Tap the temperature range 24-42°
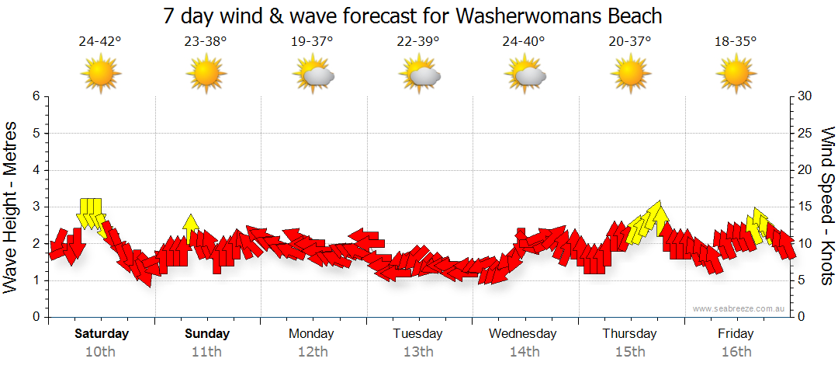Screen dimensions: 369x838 [x=100, y=42]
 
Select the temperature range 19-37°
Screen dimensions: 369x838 [x=312, y=42]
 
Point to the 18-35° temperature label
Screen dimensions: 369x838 [x=736, y=42]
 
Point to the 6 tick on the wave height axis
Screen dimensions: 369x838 [x=35, y=96]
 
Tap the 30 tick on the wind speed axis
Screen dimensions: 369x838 [x=805, y=96]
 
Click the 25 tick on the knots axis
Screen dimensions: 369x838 [x=805, y=133]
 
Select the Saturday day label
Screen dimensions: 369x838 [x=101, y=334]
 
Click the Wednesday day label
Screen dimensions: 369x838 [x=523, y=334]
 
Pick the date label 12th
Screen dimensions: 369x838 [x=312, y=352]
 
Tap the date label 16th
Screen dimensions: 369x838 [x=736, y=352]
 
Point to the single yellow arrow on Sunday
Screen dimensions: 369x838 [x=191, y=228]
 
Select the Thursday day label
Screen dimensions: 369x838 [x=629, y=334]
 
